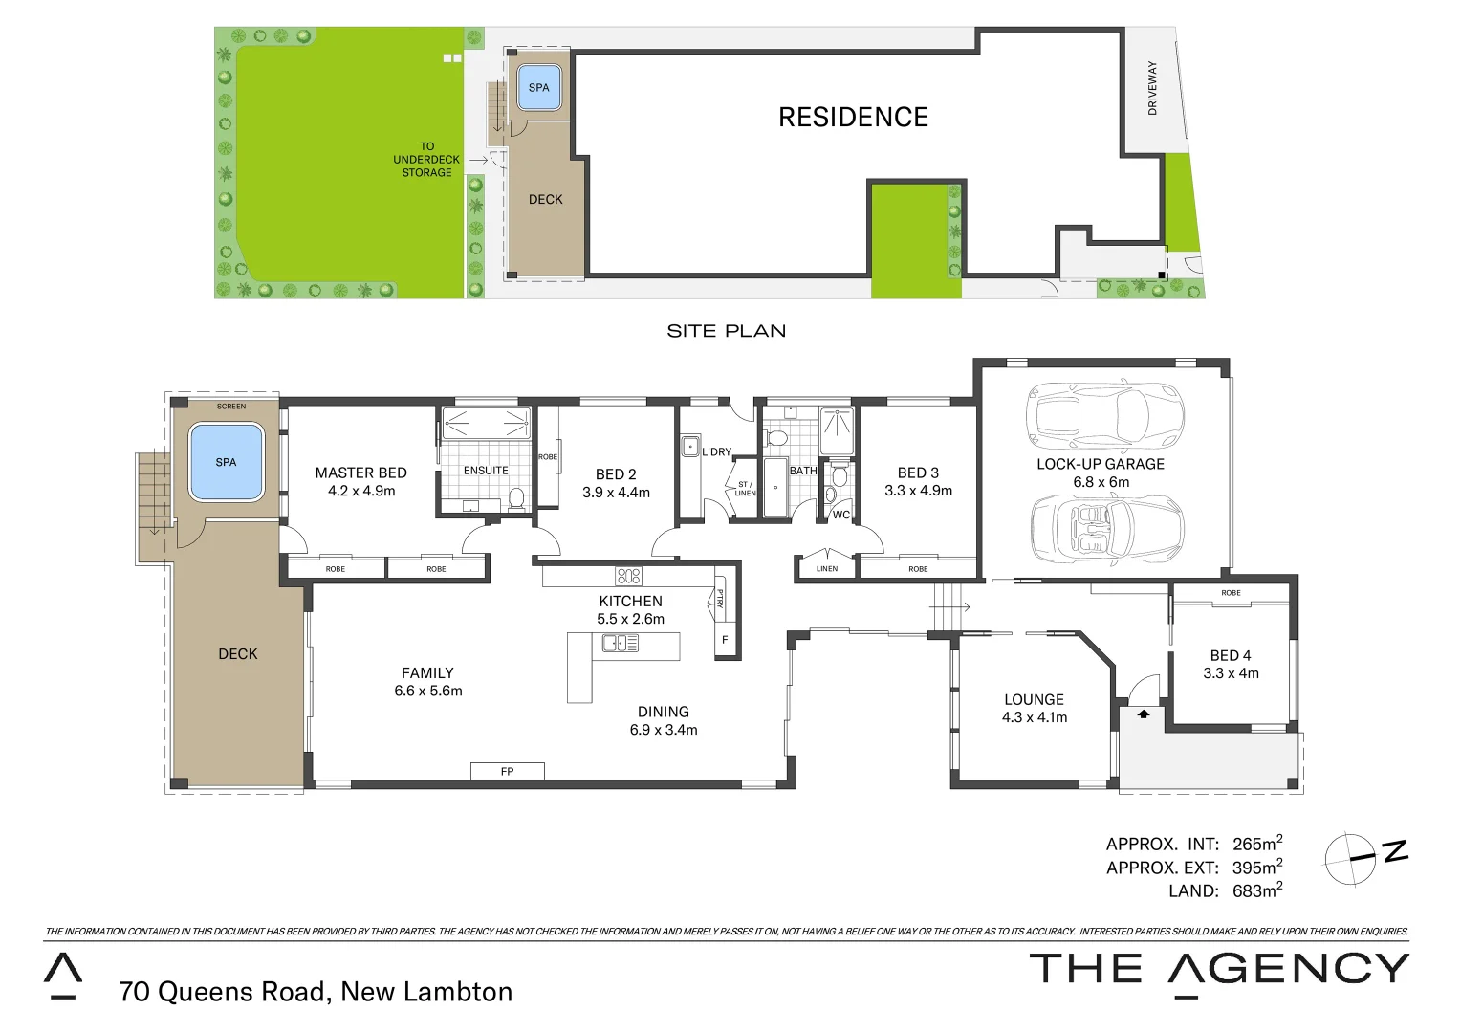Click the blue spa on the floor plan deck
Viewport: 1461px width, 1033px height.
[x=226, y=462]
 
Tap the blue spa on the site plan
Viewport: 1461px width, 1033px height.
[x=538, y=88]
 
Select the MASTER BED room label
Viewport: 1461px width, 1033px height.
[x=360, y=473]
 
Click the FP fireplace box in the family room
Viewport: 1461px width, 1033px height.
[x=507, y=771]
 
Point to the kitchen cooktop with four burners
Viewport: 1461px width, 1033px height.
[x=628, y=576]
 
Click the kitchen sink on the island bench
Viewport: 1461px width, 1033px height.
[x=620, y=644]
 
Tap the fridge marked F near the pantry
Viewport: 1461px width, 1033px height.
[x=725, y=640]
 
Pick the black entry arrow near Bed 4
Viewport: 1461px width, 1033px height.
[x=1143, y=713]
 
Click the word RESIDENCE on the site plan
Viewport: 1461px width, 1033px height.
[x=853, y=117]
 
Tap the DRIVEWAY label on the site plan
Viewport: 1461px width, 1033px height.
[x=1152, y=88]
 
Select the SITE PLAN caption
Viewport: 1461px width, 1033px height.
[x=726, y=331]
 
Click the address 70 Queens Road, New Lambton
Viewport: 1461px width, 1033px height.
[x=316, y=992]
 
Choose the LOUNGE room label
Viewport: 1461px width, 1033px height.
[x=1034, y=699]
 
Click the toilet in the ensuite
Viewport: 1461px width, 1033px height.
[x=516, y=497]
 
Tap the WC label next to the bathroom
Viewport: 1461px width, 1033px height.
[x=840, y=515]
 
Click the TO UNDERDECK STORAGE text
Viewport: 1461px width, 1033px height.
[x=426, y=160]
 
